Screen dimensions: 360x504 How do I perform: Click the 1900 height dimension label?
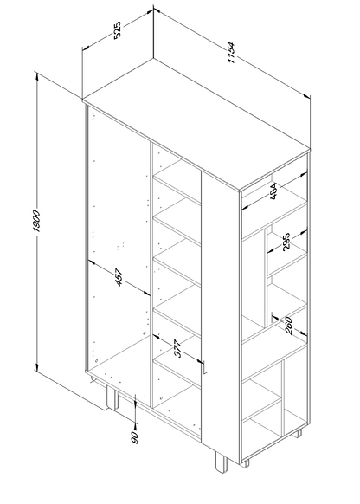pyautogui.click(x=36, y=221)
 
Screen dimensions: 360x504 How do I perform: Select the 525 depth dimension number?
pyautogui.click(x=118, y=29)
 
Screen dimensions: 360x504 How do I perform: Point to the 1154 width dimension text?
pyautogui.click(x=232, y=53)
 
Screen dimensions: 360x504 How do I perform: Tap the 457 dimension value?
pyautogui.click(x=119, y=277)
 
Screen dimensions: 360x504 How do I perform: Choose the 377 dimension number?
pyautogui.click(x=177, y=348)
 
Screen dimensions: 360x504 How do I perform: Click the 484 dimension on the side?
pyautogui.click(x=273, y=191)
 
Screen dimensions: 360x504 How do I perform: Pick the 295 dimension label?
pyautogui.click(x=286, y=241)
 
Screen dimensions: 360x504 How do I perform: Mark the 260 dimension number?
pyautogui.click(x=289, y=326)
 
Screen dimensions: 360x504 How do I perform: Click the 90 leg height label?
pyautogui.click(x=135, y=438)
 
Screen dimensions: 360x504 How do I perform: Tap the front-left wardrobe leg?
pyautogui.click(x=112, y=397)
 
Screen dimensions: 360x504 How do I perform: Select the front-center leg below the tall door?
pyautogui.click(x=222, y=462)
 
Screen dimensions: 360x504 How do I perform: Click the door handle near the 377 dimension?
pyautogui.click(x=205, y=367)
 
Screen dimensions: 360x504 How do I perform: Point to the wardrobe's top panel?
pyautogui.click(x=196, y=124)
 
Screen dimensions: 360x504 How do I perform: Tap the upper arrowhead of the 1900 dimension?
pyautogui.click(x=37, y=76)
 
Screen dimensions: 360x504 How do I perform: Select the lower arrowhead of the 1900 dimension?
pyautogui.click(x=37, y=366)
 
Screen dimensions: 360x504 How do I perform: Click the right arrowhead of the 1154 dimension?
pyautogui.click(x=307, y=96)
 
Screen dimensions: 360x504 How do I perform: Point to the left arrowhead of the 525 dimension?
pyautogui.click(x=86, y=48)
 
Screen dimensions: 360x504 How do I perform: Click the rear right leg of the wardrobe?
pyautogui.click(x=297, y=434)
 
